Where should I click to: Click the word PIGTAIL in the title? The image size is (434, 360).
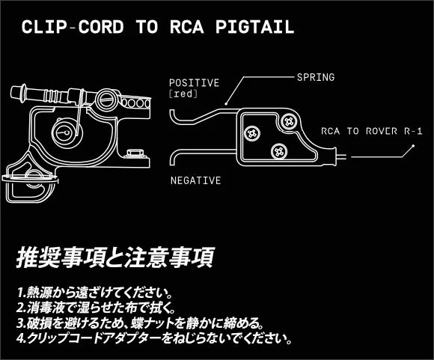pos(254,27)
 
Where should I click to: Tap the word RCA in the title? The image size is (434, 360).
pos(187,27)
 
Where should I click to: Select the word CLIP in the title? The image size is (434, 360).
pos(43,27)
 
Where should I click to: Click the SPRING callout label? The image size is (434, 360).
pos(316,77)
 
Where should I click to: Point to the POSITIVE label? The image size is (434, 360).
pos(195,83)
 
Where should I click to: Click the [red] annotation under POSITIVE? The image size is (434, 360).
pos(183,94)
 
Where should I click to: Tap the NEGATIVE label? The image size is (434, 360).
pos(196,180)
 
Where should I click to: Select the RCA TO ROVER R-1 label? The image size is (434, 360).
pos(372,131)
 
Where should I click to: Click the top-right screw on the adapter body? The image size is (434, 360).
pos(289,121)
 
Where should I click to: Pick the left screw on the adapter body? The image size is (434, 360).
pos(252,133)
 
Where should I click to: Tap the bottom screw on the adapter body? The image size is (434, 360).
pos(279,151)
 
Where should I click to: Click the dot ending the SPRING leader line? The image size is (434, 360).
pos(226,104)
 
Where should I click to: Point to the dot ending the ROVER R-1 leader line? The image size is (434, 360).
pos(413,146)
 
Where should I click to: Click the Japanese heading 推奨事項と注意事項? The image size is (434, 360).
pos(115,257)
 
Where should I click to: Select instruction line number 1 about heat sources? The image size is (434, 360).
pos(96,292)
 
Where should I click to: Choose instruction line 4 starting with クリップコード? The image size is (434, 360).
pos(154,338)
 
